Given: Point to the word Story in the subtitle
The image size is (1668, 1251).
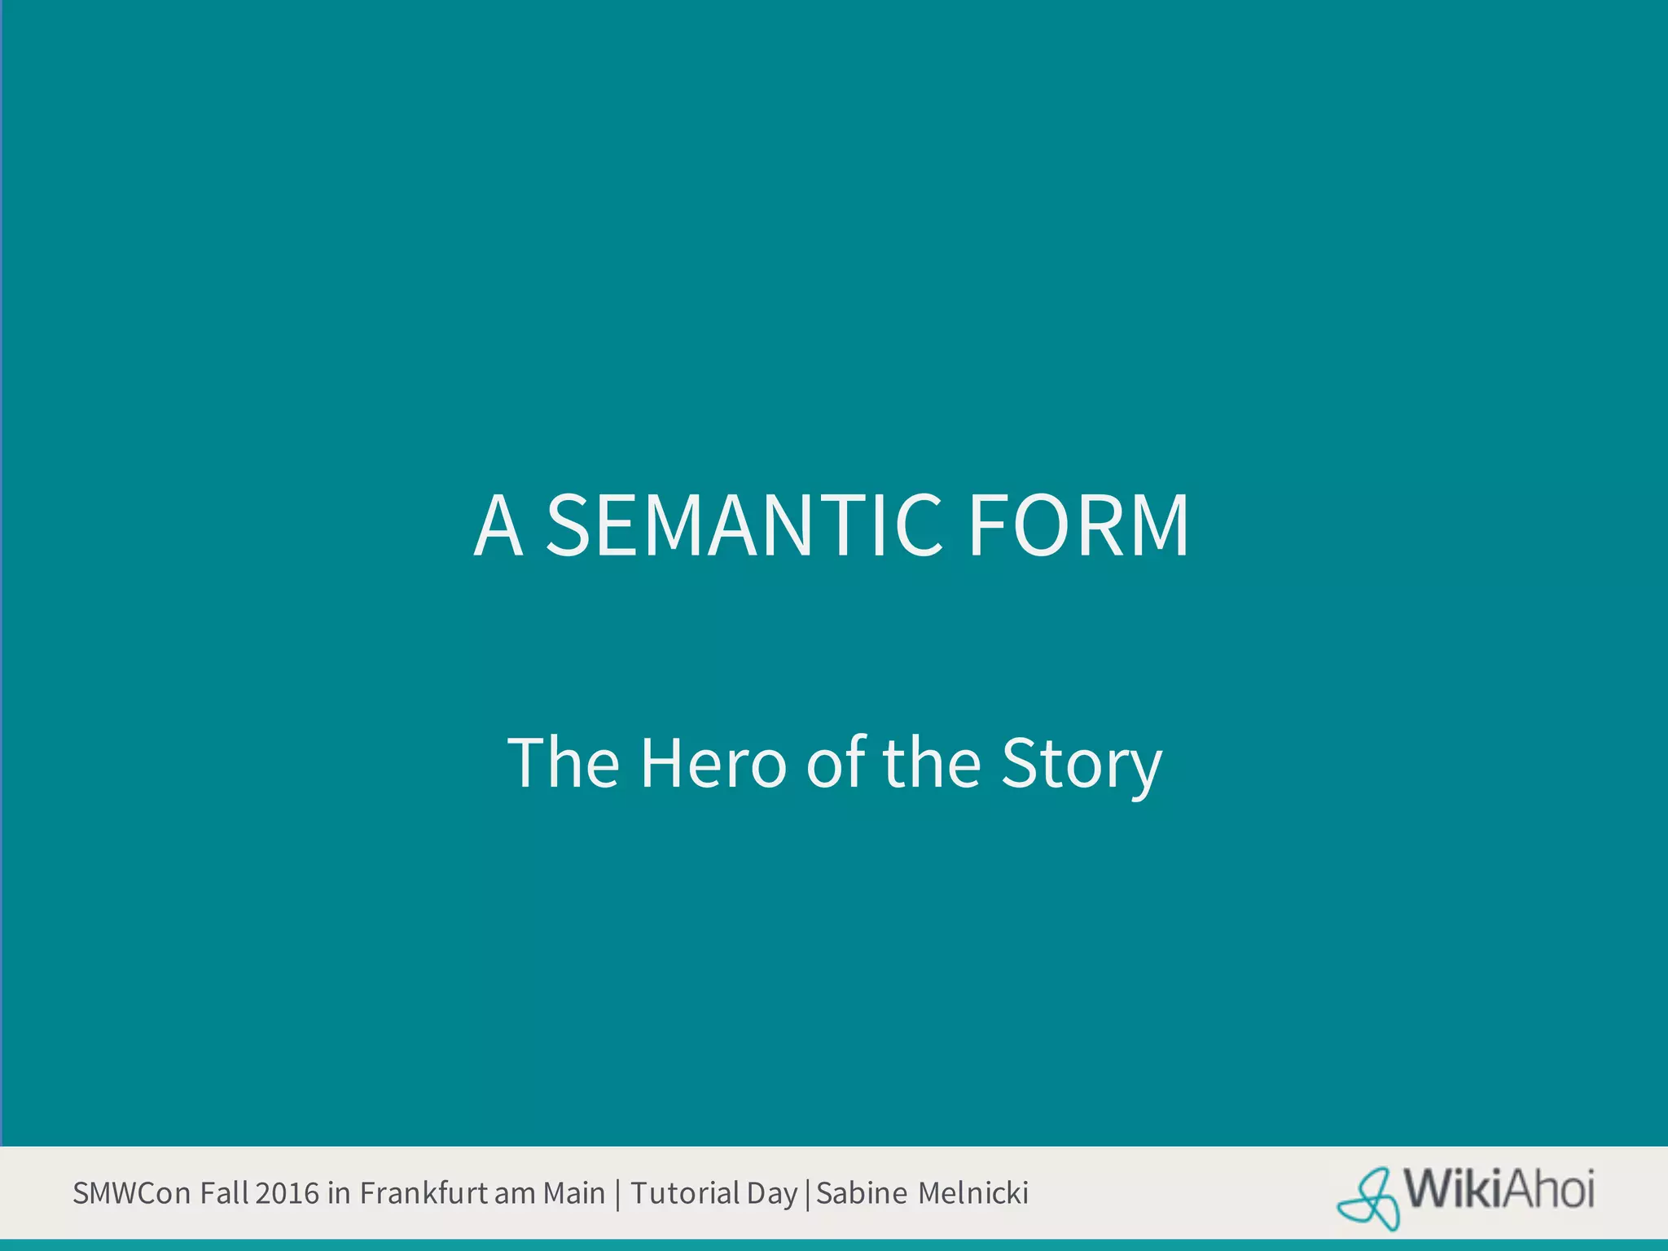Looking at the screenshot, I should pyautogui.click(x=1082, y=764).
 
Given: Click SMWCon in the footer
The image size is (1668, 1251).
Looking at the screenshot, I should pyautogui.click(x=132, y=1193).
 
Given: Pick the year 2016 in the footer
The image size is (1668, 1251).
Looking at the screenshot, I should pyautogui.click(x=287, y=1193).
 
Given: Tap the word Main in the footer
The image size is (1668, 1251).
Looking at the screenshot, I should pyautogui.click(x=574, y=1193).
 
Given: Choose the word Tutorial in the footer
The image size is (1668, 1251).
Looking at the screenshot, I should pyautogui.click(x=685, y=1193).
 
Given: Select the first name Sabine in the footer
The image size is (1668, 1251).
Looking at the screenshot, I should pyautogui.click(x=861, y=1193).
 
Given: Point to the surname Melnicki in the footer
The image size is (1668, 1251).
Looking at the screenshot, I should pyautogui.click(x=973, y=1193).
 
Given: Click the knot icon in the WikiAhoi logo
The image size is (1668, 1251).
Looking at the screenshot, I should pyautogui.click(x=1369, y=1198).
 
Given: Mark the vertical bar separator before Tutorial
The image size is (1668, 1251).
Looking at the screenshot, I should pyautogui.click(x=618, y=1194).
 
